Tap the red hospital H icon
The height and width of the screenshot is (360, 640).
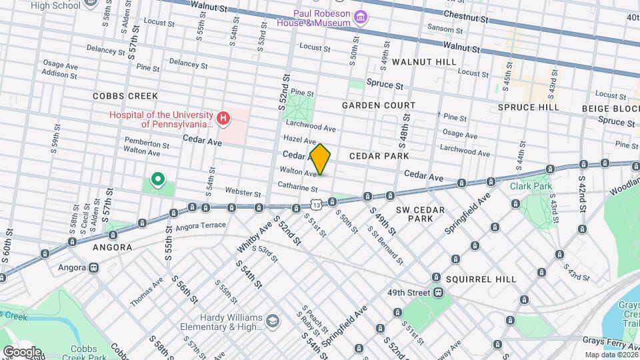[x=223, y=119]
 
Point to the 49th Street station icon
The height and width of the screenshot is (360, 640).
[x=438, y=292]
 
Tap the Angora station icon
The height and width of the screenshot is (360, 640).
[x=94, y=267]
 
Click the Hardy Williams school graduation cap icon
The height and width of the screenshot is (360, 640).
[x=272, y=321]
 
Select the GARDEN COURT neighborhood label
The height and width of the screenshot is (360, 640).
[x=379, y=105]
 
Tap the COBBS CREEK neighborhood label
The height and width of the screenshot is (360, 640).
[x=125, y=96]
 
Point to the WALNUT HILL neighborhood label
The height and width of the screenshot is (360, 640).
[x=424, y=61]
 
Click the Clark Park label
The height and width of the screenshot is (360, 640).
[x=531, y=186]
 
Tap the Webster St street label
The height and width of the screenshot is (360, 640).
[x=243, y=193]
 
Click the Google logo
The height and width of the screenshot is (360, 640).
[x=21, y=351]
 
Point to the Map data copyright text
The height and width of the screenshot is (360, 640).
[x=610, y=355]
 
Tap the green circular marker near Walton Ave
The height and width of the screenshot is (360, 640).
[x=158, y=179]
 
